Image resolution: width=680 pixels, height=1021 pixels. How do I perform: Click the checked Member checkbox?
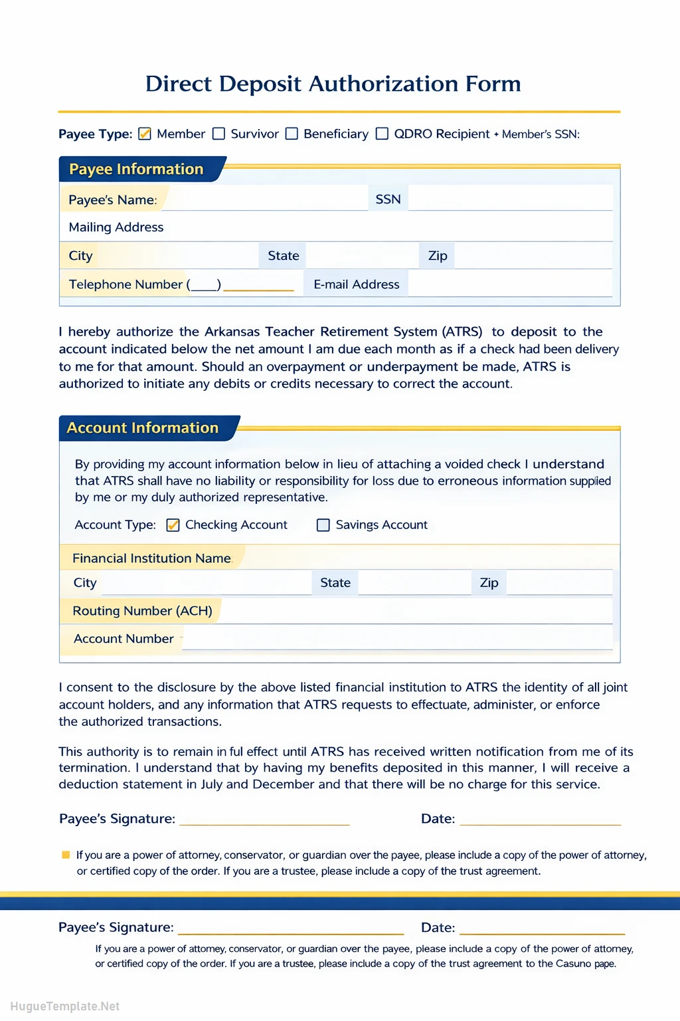pyautogui.click(x=145, y=134)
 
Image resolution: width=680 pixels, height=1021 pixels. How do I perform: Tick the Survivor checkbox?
pyautogui.click(x=218, y=134)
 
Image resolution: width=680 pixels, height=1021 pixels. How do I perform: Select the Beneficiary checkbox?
pyautogui.click(x=292, y=134)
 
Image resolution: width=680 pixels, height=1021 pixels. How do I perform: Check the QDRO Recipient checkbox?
pyautogui.click(x=382, y=134)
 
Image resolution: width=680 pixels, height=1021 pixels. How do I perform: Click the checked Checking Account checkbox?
pyautogui.click(x=173, y=525)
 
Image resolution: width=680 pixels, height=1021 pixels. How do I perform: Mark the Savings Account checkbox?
pyautogui.click(x=323, y=525)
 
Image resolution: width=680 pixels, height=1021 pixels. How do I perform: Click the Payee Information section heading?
pyautogui.click(x=136, y=170)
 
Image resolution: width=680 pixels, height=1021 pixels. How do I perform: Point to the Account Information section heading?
pyautogui.click(x=143, y=428)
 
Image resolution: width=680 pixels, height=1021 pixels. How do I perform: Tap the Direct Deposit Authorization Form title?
pyautogui.click(x=333, y=84)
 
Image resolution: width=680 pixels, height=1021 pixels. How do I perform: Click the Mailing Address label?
pyautogui.click(x=116, y=227)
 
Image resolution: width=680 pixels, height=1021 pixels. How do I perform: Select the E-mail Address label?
pyautogui.click(x=357, y=284)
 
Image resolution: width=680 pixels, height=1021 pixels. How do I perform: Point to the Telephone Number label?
pyautogui.click(x=126, y=284)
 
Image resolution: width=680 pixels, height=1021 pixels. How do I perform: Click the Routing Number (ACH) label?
pyautogui.click(x=142, y=611)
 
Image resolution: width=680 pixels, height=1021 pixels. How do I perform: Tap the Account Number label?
pyautogui.click(x=124, y=639)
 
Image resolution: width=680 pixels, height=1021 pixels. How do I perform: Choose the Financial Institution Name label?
pyautogui.click(x=151, y=558)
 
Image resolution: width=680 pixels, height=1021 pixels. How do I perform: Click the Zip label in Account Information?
pyautogui.click(x=489, y=583)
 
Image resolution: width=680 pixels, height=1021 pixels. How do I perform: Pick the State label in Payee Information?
pyautogui.click(x=283, y=256)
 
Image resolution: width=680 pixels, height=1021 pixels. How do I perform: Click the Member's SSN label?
pyautogui.click(x=541, y=134)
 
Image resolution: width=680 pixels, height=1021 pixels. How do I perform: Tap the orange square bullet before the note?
pyautogui.click(x=66, y=855)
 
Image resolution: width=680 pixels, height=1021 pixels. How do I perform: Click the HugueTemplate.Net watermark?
pyautogui.click(x=65, y=1006)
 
